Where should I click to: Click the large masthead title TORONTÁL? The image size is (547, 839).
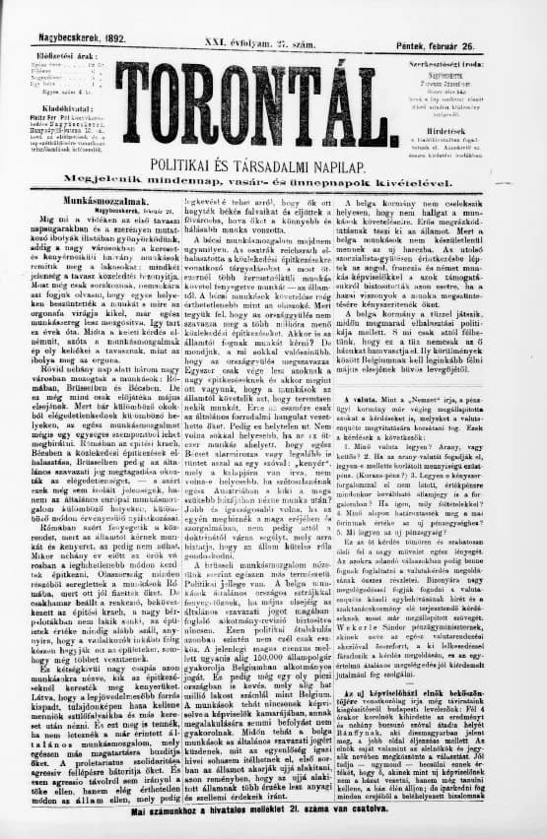(275, 100)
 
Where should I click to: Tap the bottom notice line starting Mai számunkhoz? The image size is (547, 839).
(275, 812)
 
